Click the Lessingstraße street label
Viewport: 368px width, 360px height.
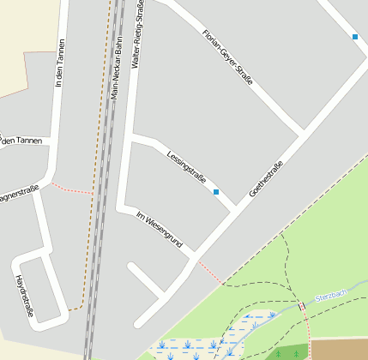(x=187, y=168)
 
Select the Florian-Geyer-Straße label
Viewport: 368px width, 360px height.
(x=227, y=57)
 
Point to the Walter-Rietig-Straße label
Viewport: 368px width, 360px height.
(x=136, y=34)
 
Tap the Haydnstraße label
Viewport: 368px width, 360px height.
(x=24, y=296)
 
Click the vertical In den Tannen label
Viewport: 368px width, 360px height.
(x=59, y=65)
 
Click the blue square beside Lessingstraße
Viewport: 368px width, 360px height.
(x=216, y=192)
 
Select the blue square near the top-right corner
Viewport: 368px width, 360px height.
(x=355, y=36)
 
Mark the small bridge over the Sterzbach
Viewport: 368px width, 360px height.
(x=302, y=306)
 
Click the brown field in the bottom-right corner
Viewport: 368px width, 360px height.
(x=339, y=349)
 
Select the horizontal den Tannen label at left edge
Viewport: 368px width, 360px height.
(x=21, y=141)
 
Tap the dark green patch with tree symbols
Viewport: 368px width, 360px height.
(x=287, y=352)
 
